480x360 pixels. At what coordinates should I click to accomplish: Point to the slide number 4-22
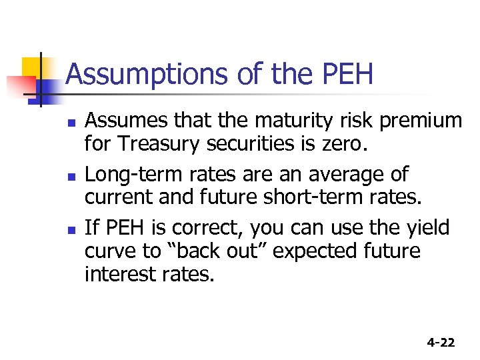pyautogui.click(x=441, y=343)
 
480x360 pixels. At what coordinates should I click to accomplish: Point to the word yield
pyautogui.click(x=425, y=228)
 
